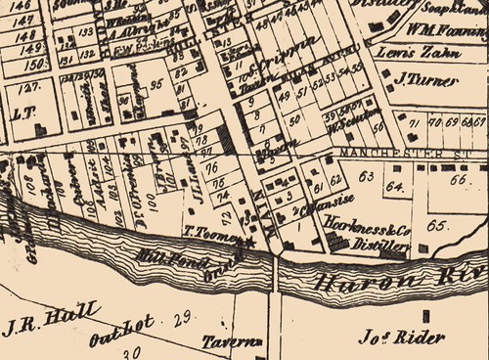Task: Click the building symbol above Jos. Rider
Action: click(x=426, y=318)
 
